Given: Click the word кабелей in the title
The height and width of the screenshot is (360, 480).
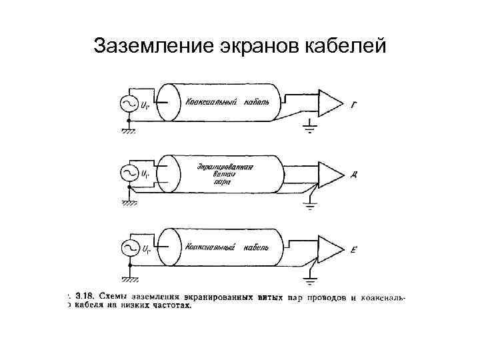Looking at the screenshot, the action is pos(346,46).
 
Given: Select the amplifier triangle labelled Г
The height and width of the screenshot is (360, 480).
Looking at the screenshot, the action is pos(329,101).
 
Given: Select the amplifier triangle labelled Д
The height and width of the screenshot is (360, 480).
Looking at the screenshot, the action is pos(329,174).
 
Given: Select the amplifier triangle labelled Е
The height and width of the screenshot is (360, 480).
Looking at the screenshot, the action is pos(329,248).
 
